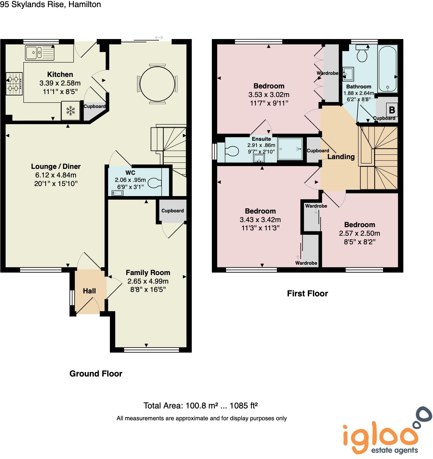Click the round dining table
tap(157, 84)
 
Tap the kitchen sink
tap(40, 53)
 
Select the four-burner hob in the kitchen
tap(14, 84)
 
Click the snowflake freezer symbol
tap(70, 111)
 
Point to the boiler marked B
tap(392, 110)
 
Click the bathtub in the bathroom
tap(387, 69)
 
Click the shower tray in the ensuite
tap(290, 149)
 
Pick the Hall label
tap(89, 291)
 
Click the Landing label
tap(341, 157)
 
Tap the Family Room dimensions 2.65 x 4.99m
tap(148, 281)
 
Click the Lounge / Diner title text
tap(56, 167)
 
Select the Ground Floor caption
tap(96, 374)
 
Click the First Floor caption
tap(307, 293)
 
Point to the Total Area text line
tap(200, 405)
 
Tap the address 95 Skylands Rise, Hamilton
tap(51, 4)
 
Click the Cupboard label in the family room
tap(173, 211)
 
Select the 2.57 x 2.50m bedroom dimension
tap(359, 233)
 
